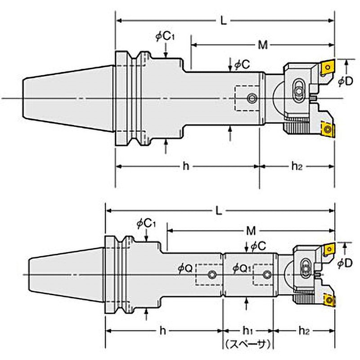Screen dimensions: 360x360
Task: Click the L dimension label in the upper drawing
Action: [224, 21]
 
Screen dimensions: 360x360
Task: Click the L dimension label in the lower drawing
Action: [219, 211]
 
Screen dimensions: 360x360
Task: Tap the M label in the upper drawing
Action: [263, 45]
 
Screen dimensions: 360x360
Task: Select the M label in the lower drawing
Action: [251, 230]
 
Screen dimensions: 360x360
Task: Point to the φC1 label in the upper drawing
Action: [165, 36]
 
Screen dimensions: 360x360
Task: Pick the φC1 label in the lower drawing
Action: [146, 223]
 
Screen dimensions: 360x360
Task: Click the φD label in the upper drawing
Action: [345, 81]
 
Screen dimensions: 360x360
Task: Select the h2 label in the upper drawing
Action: [297, 166]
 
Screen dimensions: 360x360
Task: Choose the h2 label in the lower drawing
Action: [304, 331]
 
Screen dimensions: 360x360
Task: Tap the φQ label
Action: [185, 269]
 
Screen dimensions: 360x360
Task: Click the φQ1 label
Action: [242, 268]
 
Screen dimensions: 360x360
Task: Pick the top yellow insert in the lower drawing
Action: [329, 249]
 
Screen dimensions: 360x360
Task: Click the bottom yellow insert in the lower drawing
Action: [329, 300]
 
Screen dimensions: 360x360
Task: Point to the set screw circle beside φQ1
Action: [267, 274]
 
